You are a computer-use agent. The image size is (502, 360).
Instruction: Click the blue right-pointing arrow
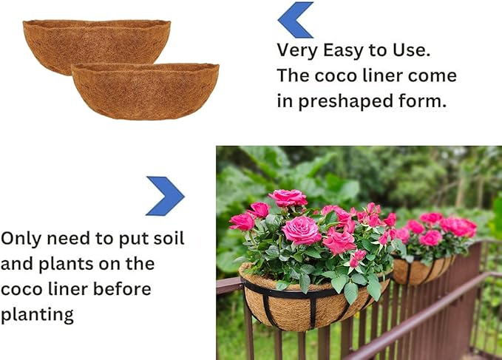(x=166, y=196)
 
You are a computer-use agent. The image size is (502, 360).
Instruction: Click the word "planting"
(x=37, y=316)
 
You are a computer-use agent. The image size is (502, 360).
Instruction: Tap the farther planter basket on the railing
(x=421, y=270)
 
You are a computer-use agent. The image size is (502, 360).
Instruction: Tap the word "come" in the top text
(x=432, y=75)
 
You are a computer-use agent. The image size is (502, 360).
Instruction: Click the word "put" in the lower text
(x=123, y=239)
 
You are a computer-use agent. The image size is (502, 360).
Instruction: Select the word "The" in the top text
(x=294, y=75)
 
